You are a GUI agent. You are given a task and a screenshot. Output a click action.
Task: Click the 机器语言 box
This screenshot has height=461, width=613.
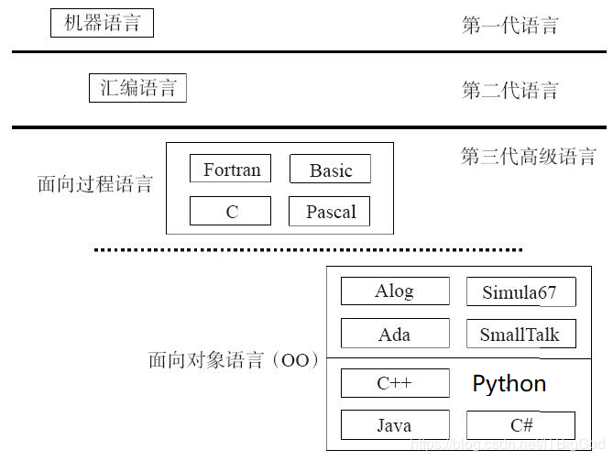(102, 23)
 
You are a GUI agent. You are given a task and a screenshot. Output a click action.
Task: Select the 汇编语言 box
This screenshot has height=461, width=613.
(137, 88)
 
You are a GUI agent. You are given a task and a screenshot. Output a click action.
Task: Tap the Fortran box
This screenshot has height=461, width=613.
(231, 170)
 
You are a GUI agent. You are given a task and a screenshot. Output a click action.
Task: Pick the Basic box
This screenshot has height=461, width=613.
(330, 170)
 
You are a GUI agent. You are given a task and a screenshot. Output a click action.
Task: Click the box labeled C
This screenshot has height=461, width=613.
(231, 211)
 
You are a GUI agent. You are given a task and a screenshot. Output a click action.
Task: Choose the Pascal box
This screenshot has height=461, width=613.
(330, 211)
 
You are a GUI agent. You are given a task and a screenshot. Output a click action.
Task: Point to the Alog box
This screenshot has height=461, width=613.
(395, 291)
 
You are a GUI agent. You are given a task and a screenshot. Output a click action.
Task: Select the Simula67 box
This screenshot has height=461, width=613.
(520, 292)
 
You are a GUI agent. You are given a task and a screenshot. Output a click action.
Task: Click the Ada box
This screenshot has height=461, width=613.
(395, 334)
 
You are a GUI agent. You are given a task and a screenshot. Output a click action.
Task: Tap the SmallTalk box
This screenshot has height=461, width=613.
(520, 334)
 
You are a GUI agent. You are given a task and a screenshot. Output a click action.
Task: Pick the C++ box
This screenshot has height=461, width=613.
(395, 383)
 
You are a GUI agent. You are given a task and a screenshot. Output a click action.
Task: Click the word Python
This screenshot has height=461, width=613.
(509, 383)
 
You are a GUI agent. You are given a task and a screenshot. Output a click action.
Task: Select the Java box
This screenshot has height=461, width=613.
(395, 425)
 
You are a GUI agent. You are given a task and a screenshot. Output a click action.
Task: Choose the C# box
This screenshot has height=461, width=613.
(520, 425)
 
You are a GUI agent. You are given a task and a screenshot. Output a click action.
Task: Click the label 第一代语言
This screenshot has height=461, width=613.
(509, 25)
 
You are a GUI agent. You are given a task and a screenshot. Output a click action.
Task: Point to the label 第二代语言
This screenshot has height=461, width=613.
(509, 90)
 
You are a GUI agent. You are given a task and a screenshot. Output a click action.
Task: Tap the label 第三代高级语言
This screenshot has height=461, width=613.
(528, 156)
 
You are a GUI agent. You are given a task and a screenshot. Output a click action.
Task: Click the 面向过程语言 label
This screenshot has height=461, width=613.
(94, 184)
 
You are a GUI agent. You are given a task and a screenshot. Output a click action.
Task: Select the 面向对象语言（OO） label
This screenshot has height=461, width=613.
(233, 360)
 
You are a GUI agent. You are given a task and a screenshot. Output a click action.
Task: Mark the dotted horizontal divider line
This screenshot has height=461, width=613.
(309, 249)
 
